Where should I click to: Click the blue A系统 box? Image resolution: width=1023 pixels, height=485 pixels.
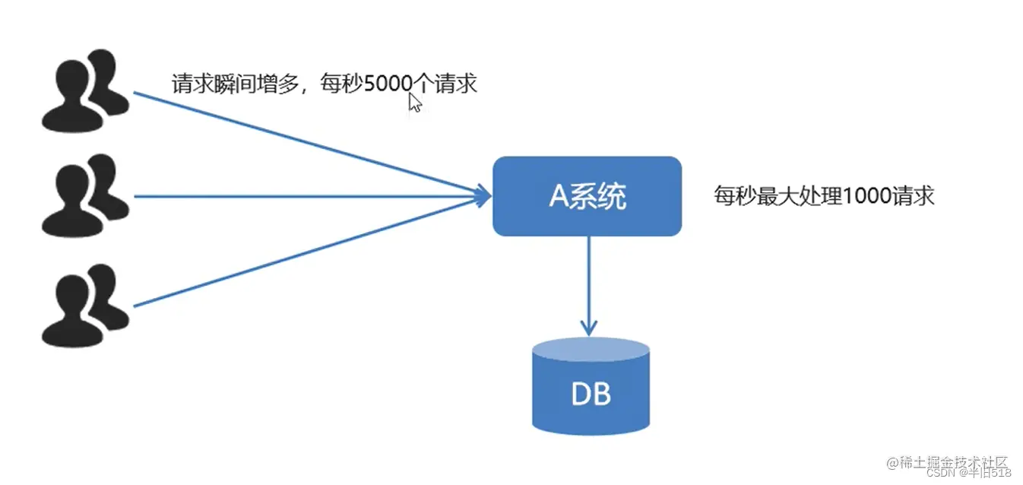tap(587, 196)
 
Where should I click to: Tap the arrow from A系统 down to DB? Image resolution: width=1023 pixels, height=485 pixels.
tap(588, 281)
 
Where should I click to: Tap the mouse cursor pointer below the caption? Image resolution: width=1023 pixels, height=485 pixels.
tap(414, 103)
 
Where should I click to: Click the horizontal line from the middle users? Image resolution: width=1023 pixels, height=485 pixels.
tap(304, 197)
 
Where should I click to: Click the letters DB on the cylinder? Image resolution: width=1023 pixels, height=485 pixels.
tap(591, 395)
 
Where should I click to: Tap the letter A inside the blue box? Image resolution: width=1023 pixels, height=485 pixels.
tap(559, 197)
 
